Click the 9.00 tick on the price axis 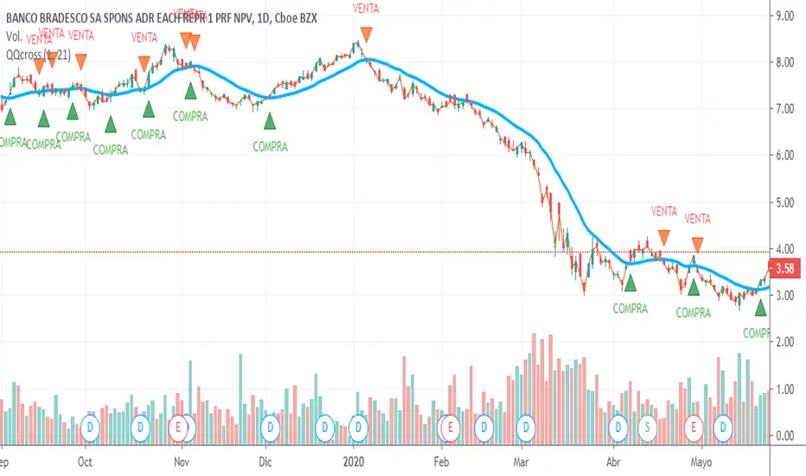[784, 15]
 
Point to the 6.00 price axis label [784, 155]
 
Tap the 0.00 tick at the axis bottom [784, 436]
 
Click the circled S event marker [648, 426]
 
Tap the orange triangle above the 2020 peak [367, 35]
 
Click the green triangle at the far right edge [760, 307]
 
